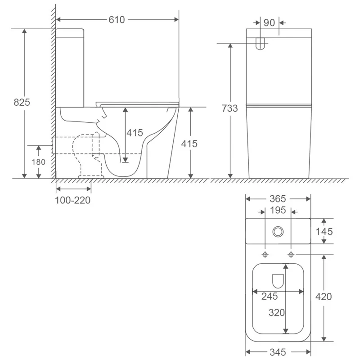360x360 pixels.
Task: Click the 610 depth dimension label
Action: pos(116,19)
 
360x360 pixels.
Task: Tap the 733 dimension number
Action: pos(229,108)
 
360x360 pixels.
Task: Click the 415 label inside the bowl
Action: pos(134,133)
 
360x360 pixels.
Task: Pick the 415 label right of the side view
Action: pos(189,144)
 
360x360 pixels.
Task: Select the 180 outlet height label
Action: pos(38,161)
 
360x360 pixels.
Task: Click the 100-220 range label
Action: pos(73,200)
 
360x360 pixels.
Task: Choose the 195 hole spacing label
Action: pos(278,211)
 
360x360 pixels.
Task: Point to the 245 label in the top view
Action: pos(270,296)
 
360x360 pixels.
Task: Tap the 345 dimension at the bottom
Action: pos(278,352)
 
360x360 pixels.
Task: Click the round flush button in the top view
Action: pos(278,232)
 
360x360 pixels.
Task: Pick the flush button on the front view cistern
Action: pos(260,43)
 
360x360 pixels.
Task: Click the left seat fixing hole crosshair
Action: pos(265,255)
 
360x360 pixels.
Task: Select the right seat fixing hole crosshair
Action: pos(291,255)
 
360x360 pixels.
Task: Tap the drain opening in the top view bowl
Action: pos(278,281)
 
